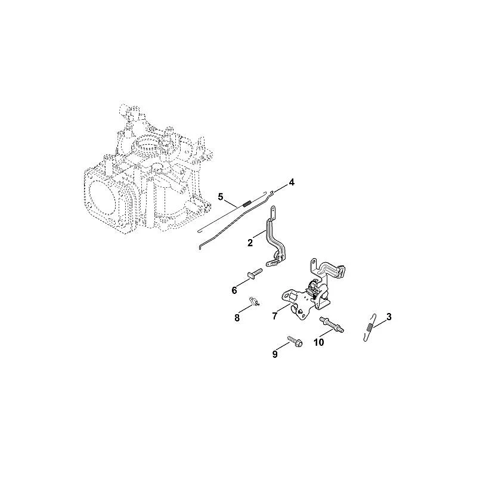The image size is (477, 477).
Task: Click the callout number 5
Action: tap(221, 197)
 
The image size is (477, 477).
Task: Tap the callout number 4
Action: tap(292, 182)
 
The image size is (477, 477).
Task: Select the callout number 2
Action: tap(250, 243)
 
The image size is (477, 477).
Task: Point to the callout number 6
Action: tap(234, 290)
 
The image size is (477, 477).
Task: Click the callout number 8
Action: tap(237, 318)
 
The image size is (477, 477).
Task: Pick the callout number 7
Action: tap(275, 317)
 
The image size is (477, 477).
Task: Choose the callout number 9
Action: tap(275, 354)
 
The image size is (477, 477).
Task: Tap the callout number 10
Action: tap(319, 342)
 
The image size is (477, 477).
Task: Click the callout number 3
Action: tap(389, 317)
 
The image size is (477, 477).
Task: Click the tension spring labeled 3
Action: tap(370, 327)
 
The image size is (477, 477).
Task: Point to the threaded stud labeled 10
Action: tap(332, 324)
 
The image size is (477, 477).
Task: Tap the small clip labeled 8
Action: tap(254, 301)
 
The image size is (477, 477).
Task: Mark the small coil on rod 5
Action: tap(248, 202)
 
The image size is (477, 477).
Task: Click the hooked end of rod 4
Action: tap(272, 191)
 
